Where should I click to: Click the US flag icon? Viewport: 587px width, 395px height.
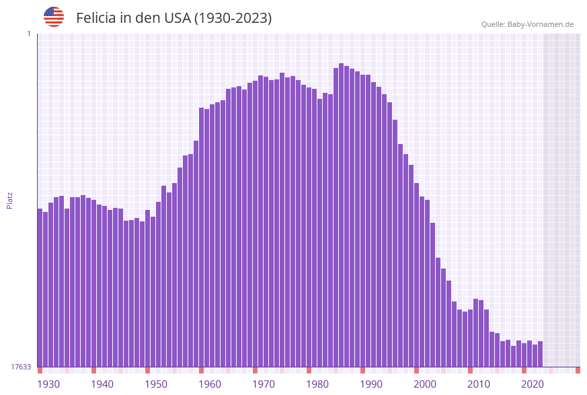point(54,17)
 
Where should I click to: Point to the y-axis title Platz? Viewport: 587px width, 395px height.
point(10,200)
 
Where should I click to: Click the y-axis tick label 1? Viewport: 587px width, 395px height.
point(28,34)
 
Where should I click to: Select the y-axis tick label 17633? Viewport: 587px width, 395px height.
point(21,367)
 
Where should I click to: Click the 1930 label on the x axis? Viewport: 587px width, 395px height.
point(48,384)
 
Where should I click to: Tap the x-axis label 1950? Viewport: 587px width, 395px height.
point(156,384)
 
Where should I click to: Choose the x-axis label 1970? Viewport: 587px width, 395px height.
point(264,384)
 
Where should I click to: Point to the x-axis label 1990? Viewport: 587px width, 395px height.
point(371,384)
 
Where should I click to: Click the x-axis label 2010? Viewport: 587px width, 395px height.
point(479,384)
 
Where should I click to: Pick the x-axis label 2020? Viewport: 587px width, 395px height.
point(533,384)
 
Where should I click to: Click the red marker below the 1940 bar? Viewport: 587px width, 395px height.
point(94,370)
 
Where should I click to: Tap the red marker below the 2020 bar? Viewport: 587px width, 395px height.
point(524,370)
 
